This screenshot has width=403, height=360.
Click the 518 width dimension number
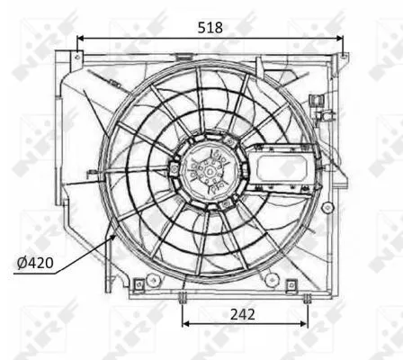(x=210, y=27)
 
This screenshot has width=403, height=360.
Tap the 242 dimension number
(x=243, y=314)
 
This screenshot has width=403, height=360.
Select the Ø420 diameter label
(x=34, y=264)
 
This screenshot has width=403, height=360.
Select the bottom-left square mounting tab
(x=140, y=285)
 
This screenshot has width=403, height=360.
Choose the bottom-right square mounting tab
(x=291, y=286)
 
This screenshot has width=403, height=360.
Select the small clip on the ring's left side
(x=92, y=175)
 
